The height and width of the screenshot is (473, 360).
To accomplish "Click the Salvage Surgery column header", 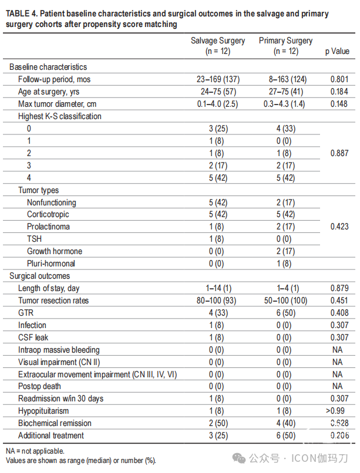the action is (x=218, y=46).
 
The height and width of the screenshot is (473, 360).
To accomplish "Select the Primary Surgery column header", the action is (x=286, y=46).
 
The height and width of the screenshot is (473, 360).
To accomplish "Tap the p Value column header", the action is (x=337, y=51).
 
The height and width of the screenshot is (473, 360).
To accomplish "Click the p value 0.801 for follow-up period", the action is (x=339, y=79).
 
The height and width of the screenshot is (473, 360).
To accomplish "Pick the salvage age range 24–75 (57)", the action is (x=218, y=92).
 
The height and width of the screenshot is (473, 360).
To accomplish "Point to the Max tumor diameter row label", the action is (x=58, y=104).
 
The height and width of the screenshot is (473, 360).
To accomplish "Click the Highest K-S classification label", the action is (x=60, y=116).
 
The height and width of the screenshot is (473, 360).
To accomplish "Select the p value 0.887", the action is (x=339, y=153).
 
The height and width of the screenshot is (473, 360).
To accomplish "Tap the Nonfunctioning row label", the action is (x=52, y=202).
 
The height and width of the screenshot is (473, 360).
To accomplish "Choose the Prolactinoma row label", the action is (x=48, y=227).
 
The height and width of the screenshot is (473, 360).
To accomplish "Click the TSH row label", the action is (x=35, y=239).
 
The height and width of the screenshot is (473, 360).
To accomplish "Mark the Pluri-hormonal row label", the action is (x=51, y=263).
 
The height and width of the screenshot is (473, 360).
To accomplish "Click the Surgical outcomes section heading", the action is (x=39, y=276).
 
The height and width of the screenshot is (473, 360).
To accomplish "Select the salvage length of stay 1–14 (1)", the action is (x=219, y=288).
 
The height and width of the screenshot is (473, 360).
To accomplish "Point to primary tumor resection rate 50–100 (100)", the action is (x=286, y=300).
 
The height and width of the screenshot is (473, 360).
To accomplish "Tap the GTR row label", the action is (x=26, y=313).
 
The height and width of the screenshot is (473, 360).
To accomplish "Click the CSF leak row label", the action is (x=33, y=337).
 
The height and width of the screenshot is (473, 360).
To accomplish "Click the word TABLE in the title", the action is (x=17, y=14).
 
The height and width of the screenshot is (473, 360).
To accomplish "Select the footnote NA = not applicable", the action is (x=35, y=451).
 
